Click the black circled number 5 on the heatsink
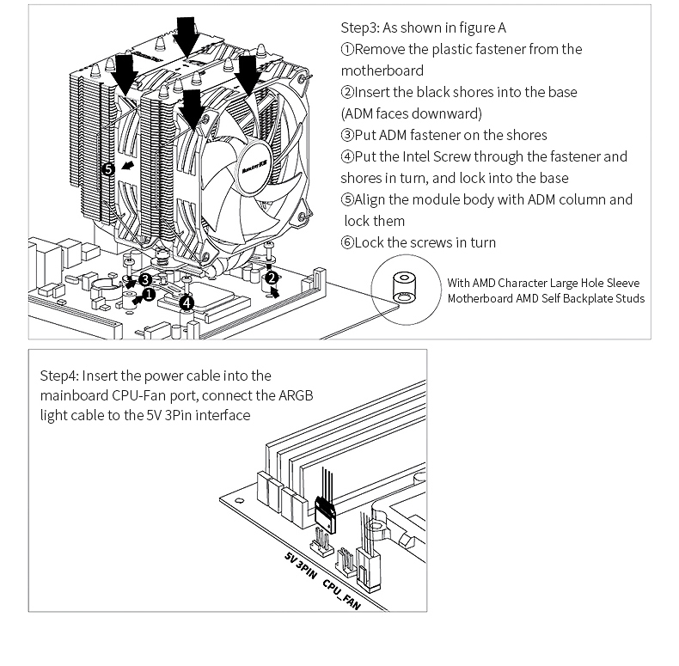tap(108, 169)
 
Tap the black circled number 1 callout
tap(149, 295)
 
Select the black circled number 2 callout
tap(272, 278)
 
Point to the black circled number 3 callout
tap(145, 279)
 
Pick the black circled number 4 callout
tap(187, 301)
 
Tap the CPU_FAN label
tap(341, 594)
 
